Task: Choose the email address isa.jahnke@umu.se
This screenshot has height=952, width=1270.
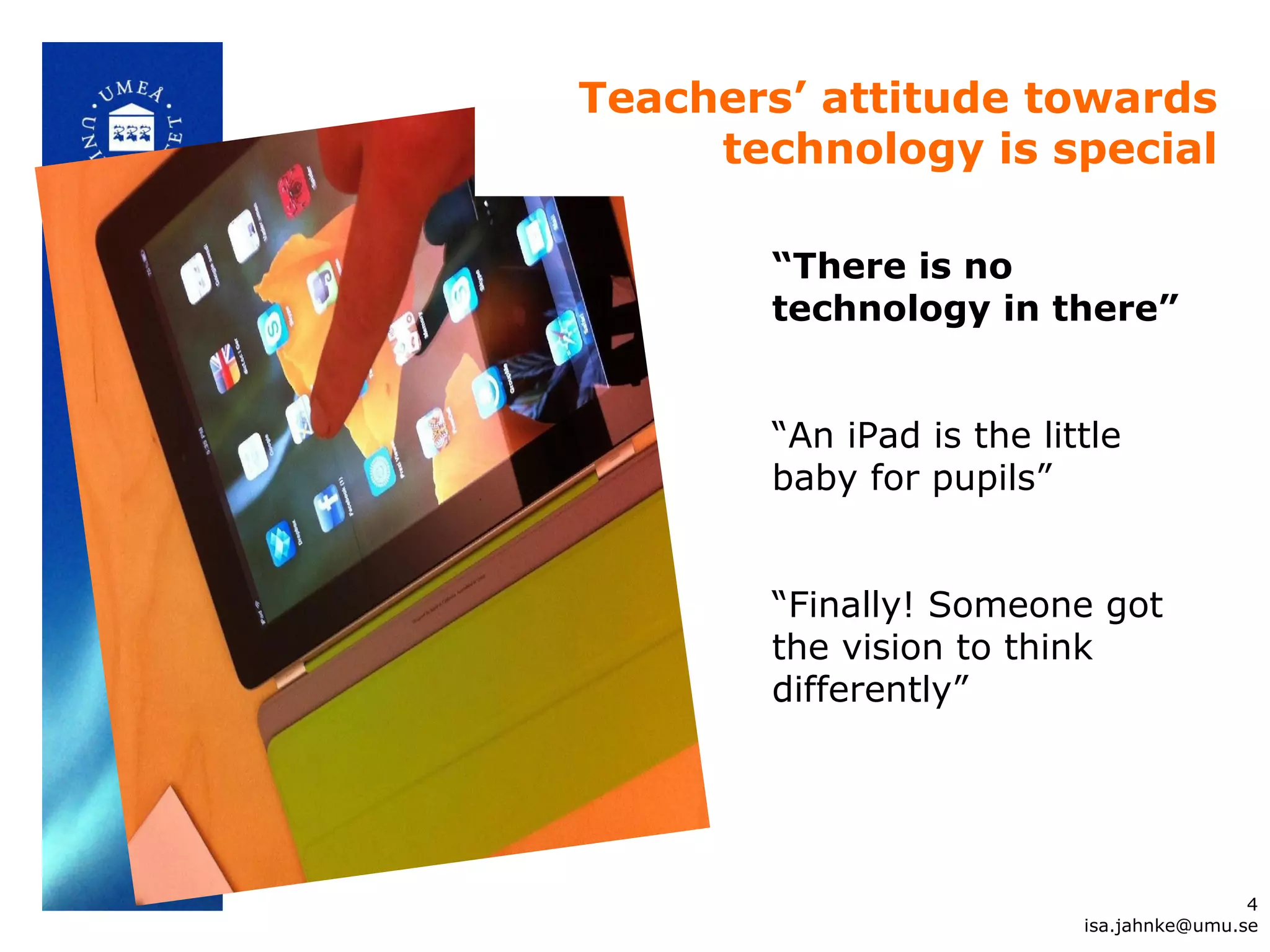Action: [1171, 925]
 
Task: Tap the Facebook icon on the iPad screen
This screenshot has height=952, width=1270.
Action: [329, 508]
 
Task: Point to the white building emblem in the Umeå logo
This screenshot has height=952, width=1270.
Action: [131, 128]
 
